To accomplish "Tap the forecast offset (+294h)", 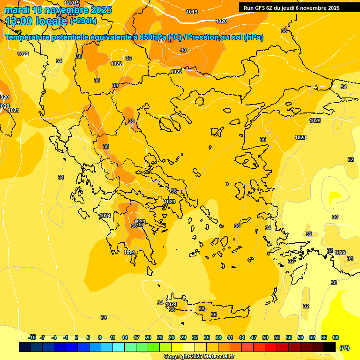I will pos(83,21).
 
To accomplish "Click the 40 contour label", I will pos(183,50).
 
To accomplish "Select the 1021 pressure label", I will pos(14,110).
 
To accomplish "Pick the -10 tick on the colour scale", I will pos(32,337).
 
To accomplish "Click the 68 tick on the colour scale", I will pos(336,337).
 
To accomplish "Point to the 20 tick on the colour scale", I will pos(148,337).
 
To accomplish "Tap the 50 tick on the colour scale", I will pos(265,337).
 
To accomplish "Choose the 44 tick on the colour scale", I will pos(242,337).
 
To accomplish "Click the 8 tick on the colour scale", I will pos(100,337).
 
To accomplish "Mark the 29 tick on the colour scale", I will pos(183,337).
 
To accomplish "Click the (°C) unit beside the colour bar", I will pos(345,348).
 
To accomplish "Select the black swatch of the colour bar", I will pos(330,347).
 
